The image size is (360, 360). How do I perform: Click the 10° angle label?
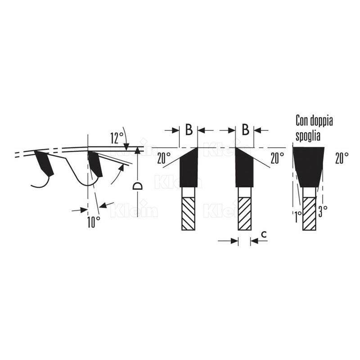click(x=94, y=222)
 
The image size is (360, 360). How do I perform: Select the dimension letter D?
click(x=137, y=186)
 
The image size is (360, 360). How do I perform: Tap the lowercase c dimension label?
click(x=264, y=234)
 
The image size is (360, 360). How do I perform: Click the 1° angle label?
click(x=298, y=216)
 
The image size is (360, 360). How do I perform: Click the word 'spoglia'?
click(x=308, y=136)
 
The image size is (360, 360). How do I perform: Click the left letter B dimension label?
click(x=189, y=130)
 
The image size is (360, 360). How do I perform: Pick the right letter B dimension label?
click(x=245, y=130)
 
